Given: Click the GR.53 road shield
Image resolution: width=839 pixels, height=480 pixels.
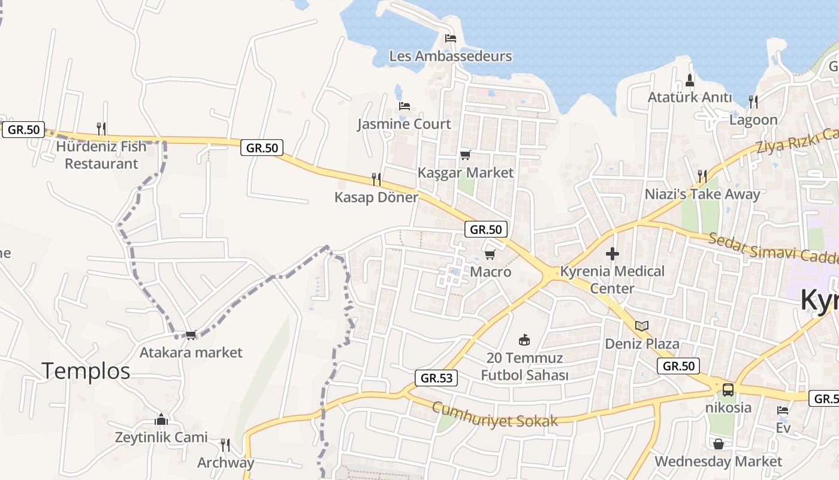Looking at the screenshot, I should (x=436, y=377).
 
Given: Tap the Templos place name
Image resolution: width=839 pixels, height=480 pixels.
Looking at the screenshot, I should (x=86, y=371).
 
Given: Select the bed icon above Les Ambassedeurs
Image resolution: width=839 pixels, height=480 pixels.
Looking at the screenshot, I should (x=451, y=38).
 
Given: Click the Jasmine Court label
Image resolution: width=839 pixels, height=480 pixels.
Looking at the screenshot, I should (x=404, y=124).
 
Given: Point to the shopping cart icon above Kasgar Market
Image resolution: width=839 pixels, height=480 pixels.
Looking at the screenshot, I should (x=466, y=155).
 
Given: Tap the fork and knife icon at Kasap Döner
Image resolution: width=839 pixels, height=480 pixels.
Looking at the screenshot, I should (x=376, y=179).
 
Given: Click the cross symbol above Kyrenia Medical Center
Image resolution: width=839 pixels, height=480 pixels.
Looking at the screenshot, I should (x=612, y=254).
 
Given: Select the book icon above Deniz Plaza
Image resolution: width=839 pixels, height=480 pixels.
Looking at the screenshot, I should (x=642, y=326).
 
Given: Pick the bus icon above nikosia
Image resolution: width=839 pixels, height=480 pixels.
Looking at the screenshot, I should (x=728, y=390).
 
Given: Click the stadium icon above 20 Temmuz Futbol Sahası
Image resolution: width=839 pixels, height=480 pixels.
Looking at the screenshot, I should (x=524, y=340).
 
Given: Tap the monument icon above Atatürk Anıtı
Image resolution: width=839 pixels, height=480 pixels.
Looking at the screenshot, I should (x=689, y=80).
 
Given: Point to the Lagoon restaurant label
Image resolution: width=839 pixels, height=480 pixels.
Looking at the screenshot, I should (x=753, y=119).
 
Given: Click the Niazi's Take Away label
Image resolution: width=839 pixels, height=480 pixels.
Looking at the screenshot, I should (x=702, y=194).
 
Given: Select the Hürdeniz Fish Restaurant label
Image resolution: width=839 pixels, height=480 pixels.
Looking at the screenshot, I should (x=101, y=155).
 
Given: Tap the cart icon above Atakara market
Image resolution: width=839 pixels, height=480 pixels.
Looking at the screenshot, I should (x=191, y=335).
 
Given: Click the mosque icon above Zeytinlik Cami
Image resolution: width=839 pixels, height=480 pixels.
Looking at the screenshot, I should (x=161, y=419).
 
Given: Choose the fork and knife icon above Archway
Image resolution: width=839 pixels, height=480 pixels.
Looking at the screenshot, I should (x=225, y=445).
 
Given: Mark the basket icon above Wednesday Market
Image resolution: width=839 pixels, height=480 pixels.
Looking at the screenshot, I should (x=718, y=444).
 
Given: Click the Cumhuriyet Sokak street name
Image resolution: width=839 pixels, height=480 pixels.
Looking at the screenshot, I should (x=495, y=415).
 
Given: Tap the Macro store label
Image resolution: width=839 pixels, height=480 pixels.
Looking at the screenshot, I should (x=491, y=272).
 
